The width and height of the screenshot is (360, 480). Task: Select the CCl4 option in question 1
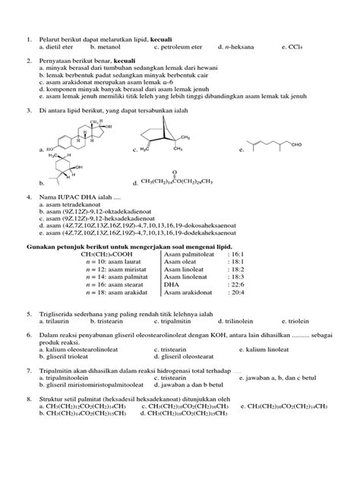tap(292, 46)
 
